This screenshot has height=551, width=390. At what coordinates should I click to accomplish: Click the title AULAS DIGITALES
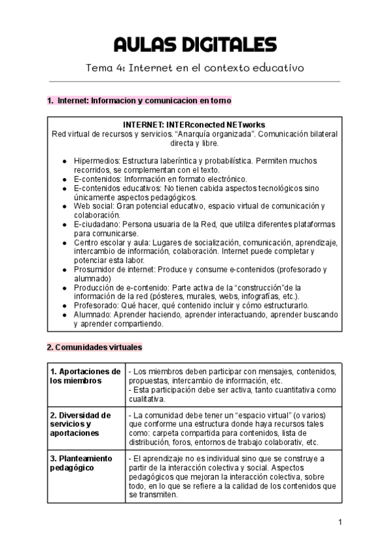click(x=194, y=45)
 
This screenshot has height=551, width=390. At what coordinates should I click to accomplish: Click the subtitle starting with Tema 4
click(x=194, y=68)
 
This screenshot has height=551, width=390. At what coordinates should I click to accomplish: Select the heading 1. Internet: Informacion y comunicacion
click(x=139, y=101)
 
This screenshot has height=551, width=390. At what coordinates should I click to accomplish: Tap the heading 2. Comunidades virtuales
click(x=94, y=347)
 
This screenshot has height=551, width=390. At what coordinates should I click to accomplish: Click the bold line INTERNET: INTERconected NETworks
click(x=194, y=125)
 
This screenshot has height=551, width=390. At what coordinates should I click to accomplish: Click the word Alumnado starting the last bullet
click(x=92, y=314)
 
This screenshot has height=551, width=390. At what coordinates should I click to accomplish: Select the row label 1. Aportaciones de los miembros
click(x=85, y=376)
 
